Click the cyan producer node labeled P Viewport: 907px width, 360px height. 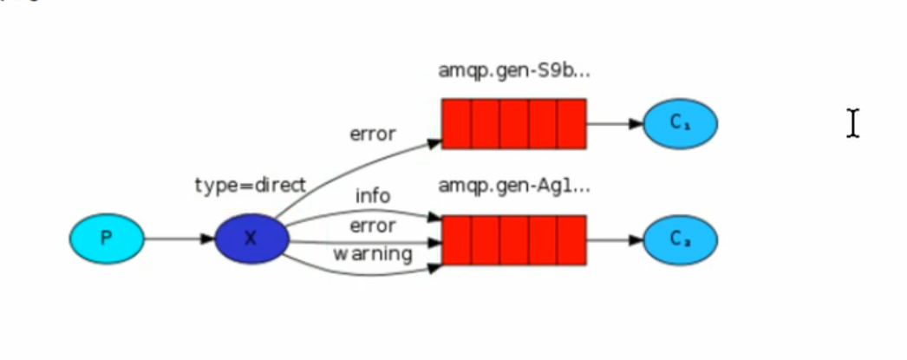[x=107, y=238]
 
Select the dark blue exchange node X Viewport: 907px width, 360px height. [x=251, y=238]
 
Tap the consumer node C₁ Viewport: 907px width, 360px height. [x=680, y=123]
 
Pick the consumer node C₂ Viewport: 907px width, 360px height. [x=680, y=239]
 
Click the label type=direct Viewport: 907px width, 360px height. [x=251, y=185]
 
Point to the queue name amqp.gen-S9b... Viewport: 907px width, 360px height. [x=514, y=71]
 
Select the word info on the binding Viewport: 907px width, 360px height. [x=373, y=196]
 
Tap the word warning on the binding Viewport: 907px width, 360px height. [x=374, y=254]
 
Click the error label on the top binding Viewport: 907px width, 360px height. [x=373, y=134]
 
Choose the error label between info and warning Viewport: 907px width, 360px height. [x=373, y=226]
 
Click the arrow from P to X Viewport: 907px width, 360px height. [x=179, y=238]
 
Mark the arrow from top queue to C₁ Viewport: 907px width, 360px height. [x=614, y=123]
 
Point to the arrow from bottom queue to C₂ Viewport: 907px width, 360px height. [x=614, y=239]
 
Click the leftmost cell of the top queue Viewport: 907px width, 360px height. [x=457, y=123]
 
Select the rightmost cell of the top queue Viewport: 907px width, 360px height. [x=571, y=123]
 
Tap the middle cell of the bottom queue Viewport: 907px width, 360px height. [x=514, y=239]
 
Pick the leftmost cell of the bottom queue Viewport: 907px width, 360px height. [x=457, y=239]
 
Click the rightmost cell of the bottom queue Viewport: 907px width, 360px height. [x=571, y=239]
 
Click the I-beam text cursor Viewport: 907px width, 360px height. [x=853, y=123]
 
